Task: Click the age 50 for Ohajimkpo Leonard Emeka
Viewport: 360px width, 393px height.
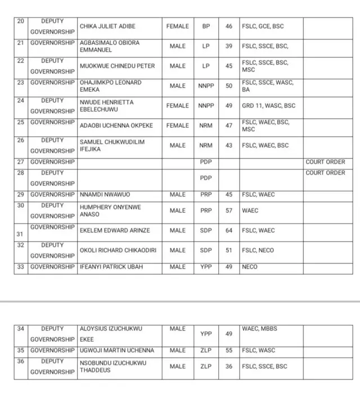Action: pyautogui.click(x=229, y=86)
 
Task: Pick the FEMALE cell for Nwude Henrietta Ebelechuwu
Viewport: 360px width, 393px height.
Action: pyautogui.click(x=178, y=106)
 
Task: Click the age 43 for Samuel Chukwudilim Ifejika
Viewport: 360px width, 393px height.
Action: pyautogui.click(x=229, y=145)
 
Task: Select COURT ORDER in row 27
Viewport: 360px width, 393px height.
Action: pyautogui.click(x=326, y=162)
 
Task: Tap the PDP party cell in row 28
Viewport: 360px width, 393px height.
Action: pyautogui.click(x=206, y=178)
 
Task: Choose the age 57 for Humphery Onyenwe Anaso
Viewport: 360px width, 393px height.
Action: pyautogui.click(x=229, y=211)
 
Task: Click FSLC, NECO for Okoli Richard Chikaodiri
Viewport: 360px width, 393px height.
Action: pyautogui.click(x=258, y=250)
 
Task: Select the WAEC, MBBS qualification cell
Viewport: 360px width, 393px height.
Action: pyautogui.click(x=259, y=329)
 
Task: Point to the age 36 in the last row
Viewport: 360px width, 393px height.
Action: pyautogui.click(x=229, y=367)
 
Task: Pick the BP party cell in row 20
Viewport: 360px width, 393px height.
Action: pyautogui.click(x=206, y=26)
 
